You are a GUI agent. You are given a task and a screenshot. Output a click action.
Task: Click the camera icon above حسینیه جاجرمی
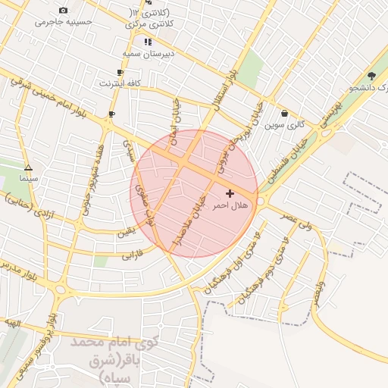pyautogui.click(x=63, y=10)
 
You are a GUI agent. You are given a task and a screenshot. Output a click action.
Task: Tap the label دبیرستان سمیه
pyautogui.click(x=149, y=54)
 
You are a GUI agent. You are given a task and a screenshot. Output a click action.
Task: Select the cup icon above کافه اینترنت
pyautogui.click(x=120, y=73)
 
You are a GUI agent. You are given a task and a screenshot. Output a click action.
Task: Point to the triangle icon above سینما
pyautogui.click(x=28, y=168)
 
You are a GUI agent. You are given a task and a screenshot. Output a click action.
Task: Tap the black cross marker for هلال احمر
pyautogui.click(x=230, y=194)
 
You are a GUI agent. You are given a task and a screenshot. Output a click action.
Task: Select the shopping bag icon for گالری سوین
pyautogui.click(x=284, y=114)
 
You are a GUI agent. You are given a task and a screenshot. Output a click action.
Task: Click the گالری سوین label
pyautogui.click(x=284, y=124)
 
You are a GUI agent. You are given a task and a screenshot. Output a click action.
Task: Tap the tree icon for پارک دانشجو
pyautogui.click(x=371, y=76)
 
